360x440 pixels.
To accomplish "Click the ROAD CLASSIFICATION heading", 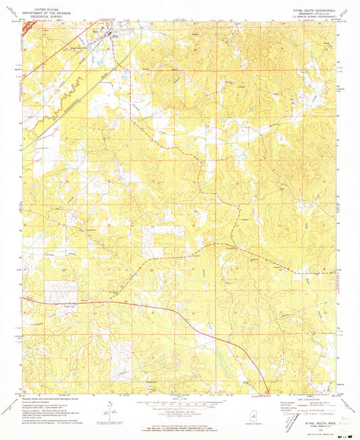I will pyautogui.click(x=303, y=400).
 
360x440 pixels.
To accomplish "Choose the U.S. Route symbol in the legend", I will pyautogui.click(x=309, y=414).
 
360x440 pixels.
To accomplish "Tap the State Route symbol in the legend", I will pyautogui.click(x=326, y=414).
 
